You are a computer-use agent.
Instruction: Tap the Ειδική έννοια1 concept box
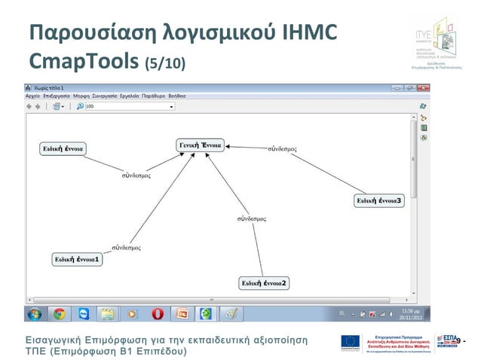click(76, 259)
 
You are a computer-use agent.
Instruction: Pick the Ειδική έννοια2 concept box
click(264, 283)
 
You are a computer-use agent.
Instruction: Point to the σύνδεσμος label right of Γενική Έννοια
click(282, 149)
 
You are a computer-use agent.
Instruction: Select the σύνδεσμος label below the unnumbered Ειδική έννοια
click(136, 175)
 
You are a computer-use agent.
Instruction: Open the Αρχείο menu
click(33, 96)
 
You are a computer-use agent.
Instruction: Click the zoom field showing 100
click(128, 107)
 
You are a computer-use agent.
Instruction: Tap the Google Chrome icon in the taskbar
click(59, 313)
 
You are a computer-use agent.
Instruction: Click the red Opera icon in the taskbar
click(157, 313)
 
